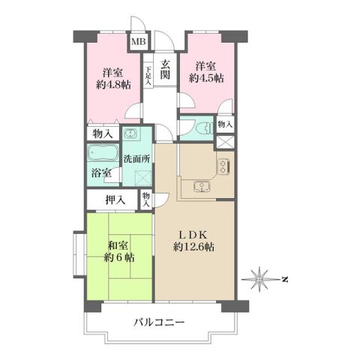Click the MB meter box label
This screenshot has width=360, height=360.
(139, 43)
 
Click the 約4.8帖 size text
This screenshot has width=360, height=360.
(113, 86)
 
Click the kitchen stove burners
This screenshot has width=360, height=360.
(223, 167)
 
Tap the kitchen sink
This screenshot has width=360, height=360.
(200, 187)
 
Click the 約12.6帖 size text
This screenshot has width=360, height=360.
(193, 247)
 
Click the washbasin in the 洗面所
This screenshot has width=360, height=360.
(131, 136)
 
